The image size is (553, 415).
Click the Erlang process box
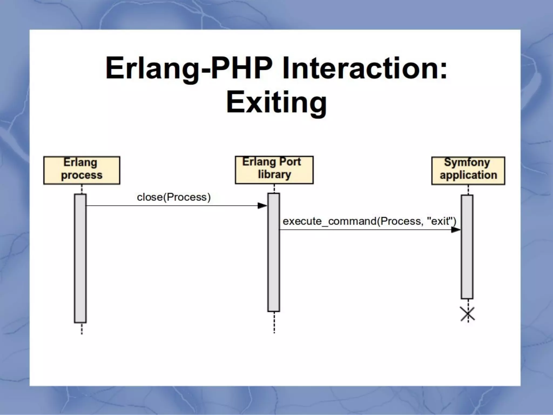tap(82, 170)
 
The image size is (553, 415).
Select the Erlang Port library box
tap(274, 170)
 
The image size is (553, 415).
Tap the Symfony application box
tap(468, 171)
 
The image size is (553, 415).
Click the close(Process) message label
tap(174, 197)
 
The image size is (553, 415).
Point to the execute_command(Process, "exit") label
tap(369, 221)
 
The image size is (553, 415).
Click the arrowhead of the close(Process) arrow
tap(262, 206)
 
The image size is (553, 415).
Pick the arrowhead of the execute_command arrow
tap(456, 230)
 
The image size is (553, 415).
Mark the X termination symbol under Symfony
tap(468, 314)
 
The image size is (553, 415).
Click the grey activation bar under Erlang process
tap(80, 258)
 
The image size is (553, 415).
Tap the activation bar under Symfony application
tap(467, 247)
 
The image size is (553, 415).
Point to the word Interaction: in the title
tap(364, 68)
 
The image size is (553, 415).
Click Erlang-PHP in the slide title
tap(189, 68)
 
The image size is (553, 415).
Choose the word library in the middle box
tap(274, 175)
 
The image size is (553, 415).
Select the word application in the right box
tap(468, 175)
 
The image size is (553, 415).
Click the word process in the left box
tap(82, 175)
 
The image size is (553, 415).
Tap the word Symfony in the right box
tap(467, 162)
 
